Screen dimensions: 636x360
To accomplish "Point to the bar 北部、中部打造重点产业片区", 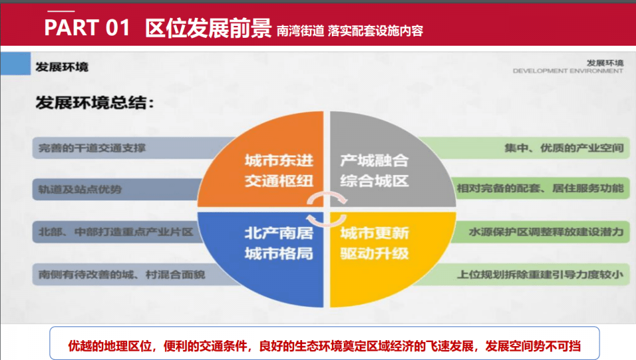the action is click(x=118, y=232).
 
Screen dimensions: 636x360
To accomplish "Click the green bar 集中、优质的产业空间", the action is click(x=527, y=148).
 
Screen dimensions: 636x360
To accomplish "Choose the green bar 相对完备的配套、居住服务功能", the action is click(x=541, y=188).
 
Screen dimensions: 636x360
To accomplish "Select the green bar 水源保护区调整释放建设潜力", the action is click(x=541, y=232).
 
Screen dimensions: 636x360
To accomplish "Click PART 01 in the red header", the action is click(x=87, y=28).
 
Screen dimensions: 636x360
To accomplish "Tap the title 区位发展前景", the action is click(x=208, y=28).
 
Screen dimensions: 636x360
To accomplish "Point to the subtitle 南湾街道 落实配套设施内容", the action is click(x=350, y=31).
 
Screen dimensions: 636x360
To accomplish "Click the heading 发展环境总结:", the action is click(x=95, y=103).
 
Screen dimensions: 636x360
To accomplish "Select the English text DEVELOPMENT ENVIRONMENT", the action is click(x=568, y=71).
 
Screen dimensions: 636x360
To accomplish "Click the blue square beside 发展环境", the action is click(x=15, y=64).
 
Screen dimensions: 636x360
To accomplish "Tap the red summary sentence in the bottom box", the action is click(x=325, y=346).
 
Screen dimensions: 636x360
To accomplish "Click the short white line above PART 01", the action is click(x=61, y=11).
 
